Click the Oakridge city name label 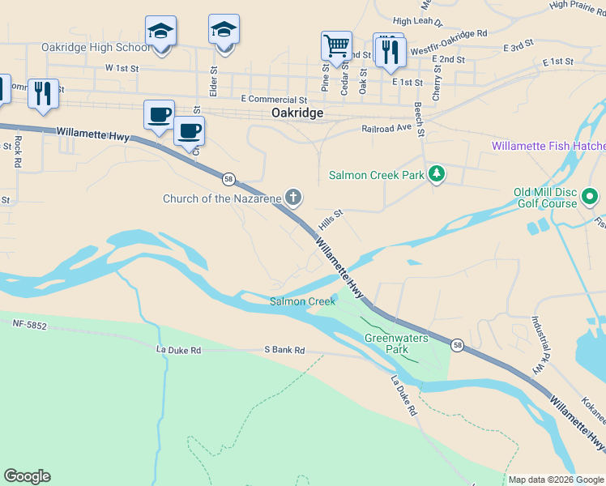coord(297,113)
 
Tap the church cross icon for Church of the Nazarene coord(293,197)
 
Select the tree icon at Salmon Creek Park coord(437,173)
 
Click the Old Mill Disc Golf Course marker coord(591,197)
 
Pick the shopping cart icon coord(335,45)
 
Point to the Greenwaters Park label coord(386,343)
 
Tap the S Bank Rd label coord(284,350)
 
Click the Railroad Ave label coord(387,128)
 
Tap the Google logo coord(27,476)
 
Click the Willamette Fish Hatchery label coord(548,147)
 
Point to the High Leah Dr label coord(417,22)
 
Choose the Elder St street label coord(214,82)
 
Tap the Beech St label coord(419,118)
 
